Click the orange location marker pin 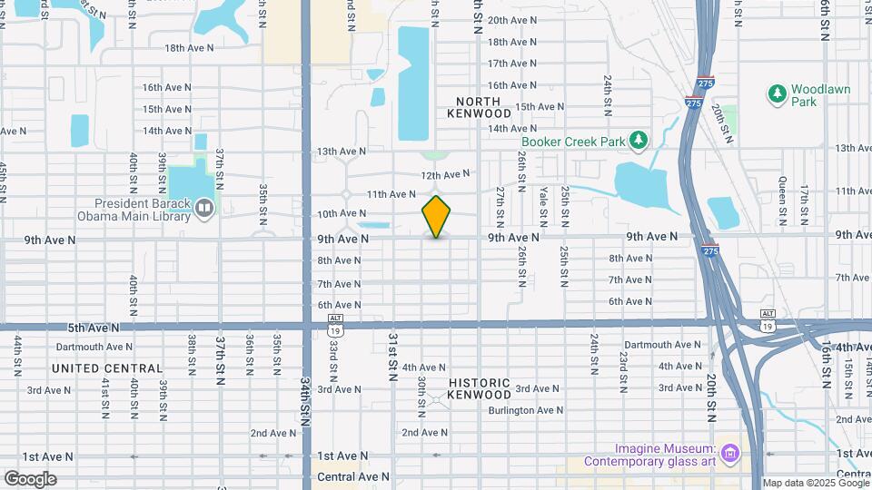[x=437, y=217]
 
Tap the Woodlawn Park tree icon [x=777, y=93]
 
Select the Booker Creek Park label [x=573, y=141]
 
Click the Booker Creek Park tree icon [x=639, y=140]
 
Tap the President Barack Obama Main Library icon [x=204, y=209]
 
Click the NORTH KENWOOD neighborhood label [x=479, y=107]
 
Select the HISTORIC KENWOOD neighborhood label [x=479, y=388]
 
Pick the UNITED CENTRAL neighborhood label [x=107, y=368]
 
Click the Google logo [x=31, y=479]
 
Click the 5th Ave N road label [x=94, y=327]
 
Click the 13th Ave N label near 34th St [x=341, y=152]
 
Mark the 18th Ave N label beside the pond [x=189, y=47]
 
